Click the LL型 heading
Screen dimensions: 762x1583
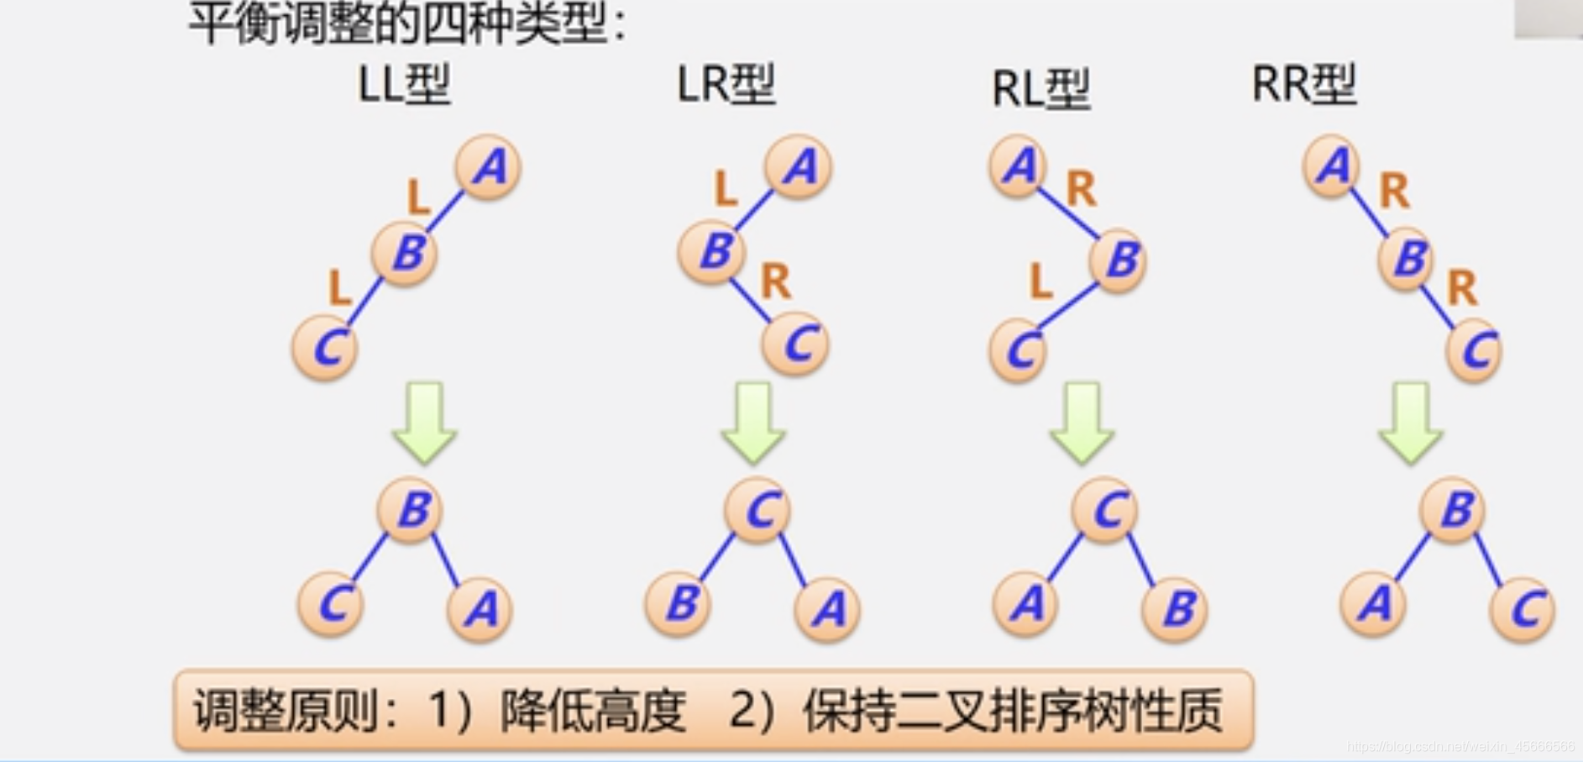click(x=404, y=85)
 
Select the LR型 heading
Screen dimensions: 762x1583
click(x=726, y=85)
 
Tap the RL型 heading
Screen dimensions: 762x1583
click(x=1040, y=89)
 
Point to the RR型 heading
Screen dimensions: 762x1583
click(x=1303, y=85)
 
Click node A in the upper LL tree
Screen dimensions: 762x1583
click(x=488, y=167)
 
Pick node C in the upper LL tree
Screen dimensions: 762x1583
click(x=326, y=348)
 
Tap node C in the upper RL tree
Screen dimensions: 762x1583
click(x=1018, y=350)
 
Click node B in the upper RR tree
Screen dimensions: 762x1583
click(x=1406, y=258)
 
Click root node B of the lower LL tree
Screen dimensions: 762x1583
click(x=410, y=510)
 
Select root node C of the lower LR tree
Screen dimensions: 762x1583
click(x=757, y=510)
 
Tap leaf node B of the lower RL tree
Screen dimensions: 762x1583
click(x=1175, y=608)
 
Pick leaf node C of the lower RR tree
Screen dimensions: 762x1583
click(x=1523, y=609)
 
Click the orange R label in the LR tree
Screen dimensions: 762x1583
click(x=775, y=281)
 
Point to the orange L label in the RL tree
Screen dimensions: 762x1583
click(x=1040, y=281)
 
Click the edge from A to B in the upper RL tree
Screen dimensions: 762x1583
click(x=1068, y=213)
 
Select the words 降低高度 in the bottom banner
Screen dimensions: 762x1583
click(x=593, y=711)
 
